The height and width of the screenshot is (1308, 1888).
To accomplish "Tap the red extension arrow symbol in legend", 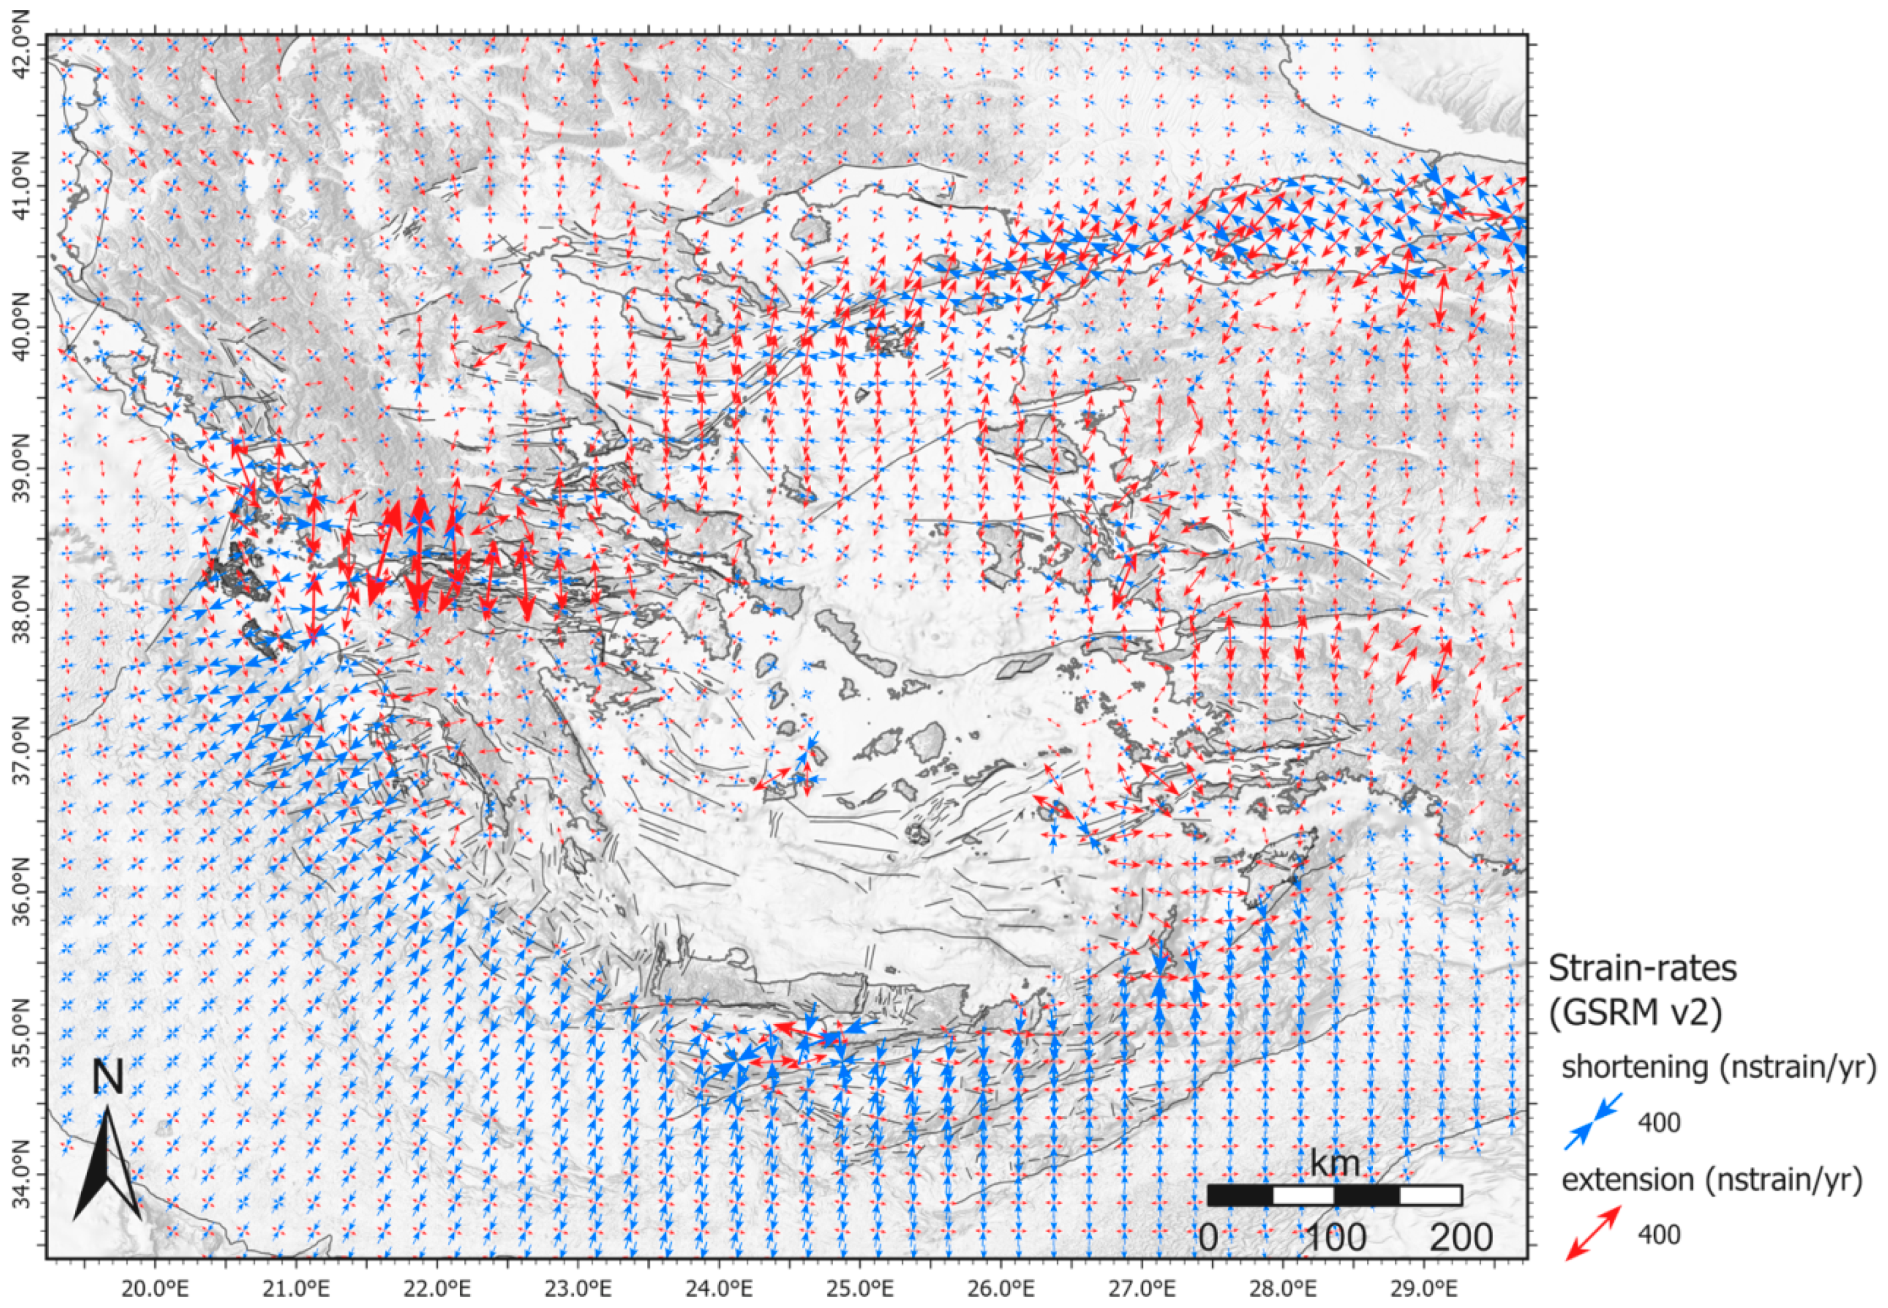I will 1593,1232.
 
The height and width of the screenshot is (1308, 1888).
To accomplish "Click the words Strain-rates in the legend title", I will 1642,968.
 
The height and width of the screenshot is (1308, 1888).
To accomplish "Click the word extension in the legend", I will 1627,1180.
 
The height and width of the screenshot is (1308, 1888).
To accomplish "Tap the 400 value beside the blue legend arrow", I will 1659,1123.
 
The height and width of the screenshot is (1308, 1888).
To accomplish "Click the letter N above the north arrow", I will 107,1077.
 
